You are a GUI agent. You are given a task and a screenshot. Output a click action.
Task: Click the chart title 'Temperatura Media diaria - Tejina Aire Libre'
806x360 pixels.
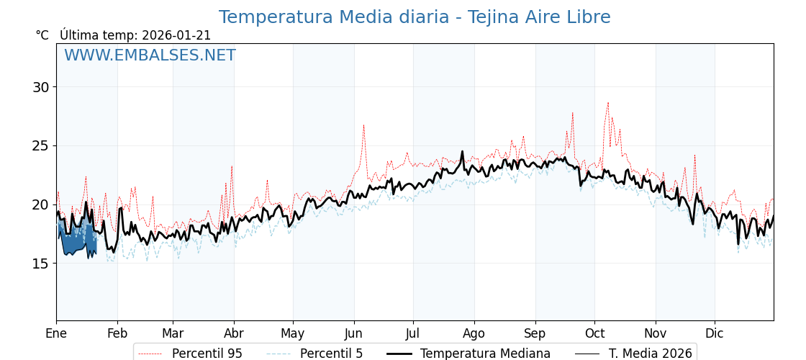415,17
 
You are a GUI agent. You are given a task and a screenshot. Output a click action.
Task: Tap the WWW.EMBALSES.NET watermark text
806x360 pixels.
150,55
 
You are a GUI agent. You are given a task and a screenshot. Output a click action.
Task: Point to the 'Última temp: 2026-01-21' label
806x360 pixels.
135,35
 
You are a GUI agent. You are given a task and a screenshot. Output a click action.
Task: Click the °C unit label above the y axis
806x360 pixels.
42,35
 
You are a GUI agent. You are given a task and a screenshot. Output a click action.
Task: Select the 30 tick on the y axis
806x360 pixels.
40,87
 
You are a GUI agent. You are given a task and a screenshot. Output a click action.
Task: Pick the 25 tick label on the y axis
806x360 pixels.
40,146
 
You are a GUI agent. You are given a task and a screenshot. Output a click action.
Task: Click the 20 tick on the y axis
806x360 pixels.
40,204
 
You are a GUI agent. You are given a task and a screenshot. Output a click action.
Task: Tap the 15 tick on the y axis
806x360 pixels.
40,264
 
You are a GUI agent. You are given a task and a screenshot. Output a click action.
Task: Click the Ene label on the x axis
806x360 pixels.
56,333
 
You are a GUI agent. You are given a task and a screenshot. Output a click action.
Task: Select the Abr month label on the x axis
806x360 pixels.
234,333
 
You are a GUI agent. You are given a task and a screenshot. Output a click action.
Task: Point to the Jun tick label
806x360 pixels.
353,333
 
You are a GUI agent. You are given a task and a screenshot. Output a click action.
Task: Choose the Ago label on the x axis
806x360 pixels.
474,333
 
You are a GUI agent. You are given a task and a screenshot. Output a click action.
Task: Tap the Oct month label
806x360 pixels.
594,333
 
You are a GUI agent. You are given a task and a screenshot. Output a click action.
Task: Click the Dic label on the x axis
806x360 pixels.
715,333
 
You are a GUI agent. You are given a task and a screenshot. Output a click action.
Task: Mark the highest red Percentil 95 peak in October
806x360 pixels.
607,102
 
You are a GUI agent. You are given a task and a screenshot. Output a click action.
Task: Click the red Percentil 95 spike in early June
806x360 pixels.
363,125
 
